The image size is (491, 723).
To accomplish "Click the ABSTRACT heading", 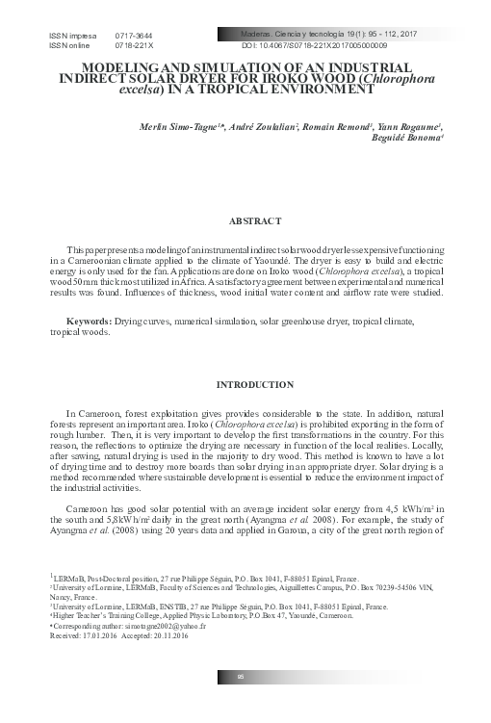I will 255,220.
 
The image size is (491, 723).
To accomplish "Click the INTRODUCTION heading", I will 255,385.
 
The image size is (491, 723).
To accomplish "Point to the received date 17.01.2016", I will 101,635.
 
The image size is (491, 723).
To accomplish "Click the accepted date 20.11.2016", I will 168,635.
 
